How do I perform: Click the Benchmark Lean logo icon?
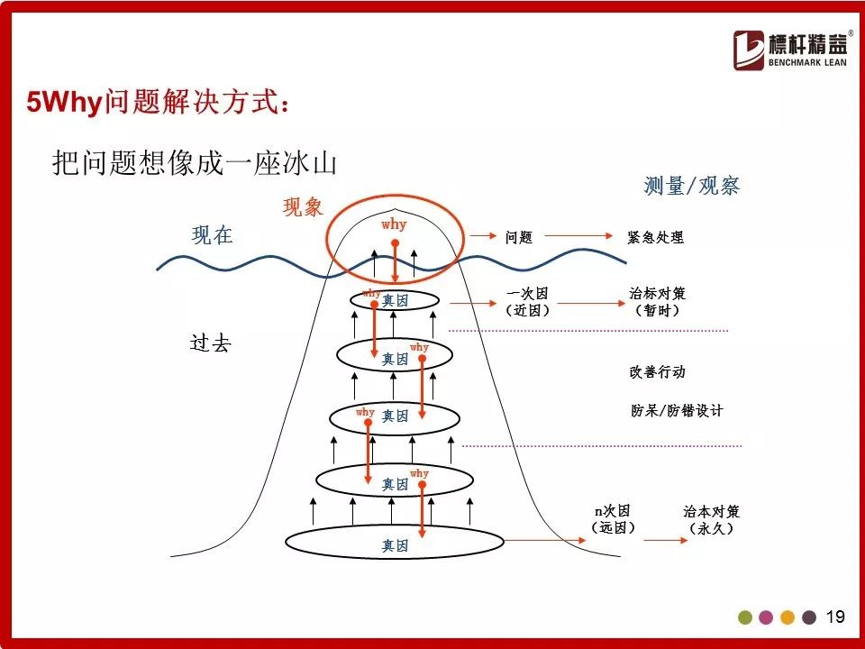748,50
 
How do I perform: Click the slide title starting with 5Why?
158,102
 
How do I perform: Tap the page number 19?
835,617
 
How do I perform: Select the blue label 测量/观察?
691,186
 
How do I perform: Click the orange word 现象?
303,207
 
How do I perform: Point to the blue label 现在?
213,235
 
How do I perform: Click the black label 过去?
210,343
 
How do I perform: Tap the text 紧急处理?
655,237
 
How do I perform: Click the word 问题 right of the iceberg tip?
519,237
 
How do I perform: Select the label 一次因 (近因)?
528,302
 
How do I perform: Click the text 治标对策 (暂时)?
657,301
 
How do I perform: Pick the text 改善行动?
657,372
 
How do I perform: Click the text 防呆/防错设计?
677,411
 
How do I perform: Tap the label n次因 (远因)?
613,519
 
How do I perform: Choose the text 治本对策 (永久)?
711,519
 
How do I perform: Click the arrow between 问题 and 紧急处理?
578,235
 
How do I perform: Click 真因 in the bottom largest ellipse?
395,546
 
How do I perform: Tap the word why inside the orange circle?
394,224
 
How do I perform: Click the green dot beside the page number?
745,617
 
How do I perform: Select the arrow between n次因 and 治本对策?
665,540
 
